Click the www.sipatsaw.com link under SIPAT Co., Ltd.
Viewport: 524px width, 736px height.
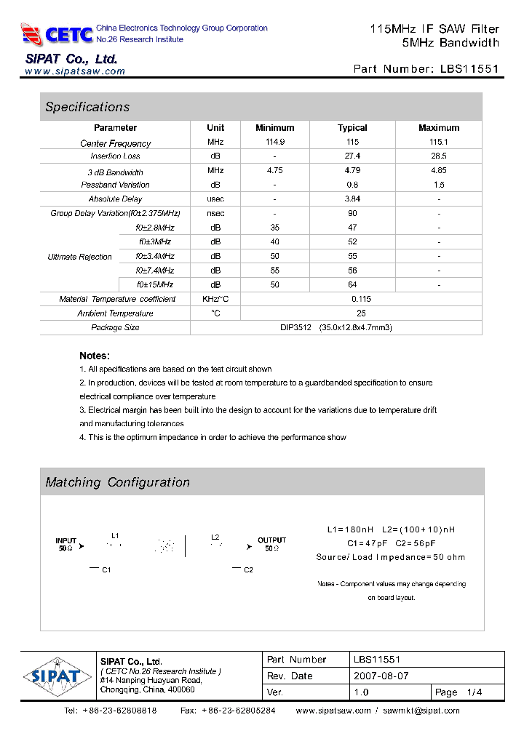click(75, 71)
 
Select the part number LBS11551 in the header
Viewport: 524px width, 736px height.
click(470, 70)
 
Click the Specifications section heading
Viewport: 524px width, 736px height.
click(87, 107)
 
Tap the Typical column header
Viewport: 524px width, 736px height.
click(352, 127)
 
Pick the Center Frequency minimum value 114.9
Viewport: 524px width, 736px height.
click(275, 143)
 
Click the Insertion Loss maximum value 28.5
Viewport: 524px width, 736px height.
click(438, 156)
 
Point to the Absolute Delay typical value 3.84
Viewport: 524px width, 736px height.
click(352, 199)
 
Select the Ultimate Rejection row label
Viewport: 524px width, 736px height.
click(80, 257)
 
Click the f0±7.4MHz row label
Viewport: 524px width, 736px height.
click(155, 270)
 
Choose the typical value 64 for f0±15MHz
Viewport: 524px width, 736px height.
click(352, 284)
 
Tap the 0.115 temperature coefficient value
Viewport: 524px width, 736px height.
click(361, 299)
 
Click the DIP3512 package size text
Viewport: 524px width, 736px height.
click(336, 327)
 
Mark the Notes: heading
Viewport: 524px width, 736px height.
click(95, 356)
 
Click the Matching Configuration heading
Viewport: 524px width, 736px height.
click(117, 482)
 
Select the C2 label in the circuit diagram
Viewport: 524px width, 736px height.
click(248, 569)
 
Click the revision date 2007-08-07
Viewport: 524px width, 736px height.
click(381, 676)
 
